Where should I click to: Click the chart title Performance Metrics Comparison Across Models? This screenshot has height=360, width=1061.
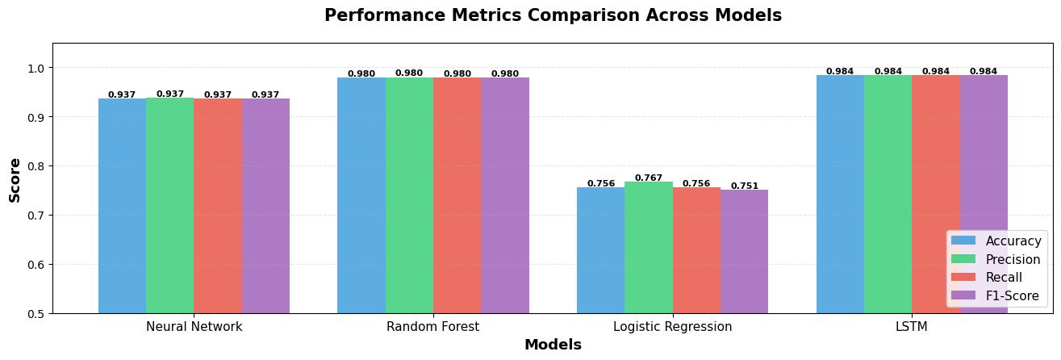coord(553,16)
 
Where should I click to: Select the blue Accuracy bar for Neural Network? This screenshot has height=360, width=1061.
coord(122,206)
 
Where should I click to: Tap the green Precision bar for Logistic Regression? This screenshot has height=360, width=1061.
coord(648,248)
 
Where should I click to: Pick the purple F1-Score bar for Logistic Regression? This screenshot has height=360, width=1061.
coord(744,252)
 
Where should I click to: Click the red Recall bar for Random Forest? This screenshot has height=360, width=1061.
coord(457,195)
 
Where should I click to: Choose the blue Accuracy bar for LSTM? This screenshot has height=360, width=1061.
coord(840,194)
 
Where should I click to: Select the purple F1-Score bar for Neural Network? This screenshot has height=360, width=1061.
coord(265,206)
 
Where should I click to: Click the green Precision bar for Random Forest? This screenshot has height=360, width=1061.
coord(409,195)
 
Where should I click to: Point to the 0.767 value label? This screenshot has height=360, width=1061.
coord(648,178)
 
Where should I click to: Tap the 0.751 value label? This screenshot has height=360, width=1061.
coord(744,186)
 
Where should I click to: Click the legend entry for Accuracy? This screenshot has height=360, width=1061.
coord(996,241)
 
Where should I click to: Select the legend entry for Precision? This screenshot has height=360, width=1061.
coord(996,259)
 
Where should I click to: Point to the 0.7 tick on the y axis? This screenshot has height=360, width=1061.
coord(38,215)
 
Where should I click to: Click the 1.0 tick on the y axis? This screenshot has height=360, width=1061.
coord(38,68)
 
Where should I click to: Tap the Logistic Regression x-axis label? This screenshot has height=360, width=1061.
coord(672,327)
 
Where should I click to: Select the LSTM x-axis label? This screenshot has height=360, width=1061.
coord(912,327)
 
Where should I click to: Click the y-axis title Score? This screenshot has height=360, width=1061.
coord(15,179)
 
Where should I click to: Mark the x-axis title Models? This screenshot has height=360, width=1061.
coord(553,345)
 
